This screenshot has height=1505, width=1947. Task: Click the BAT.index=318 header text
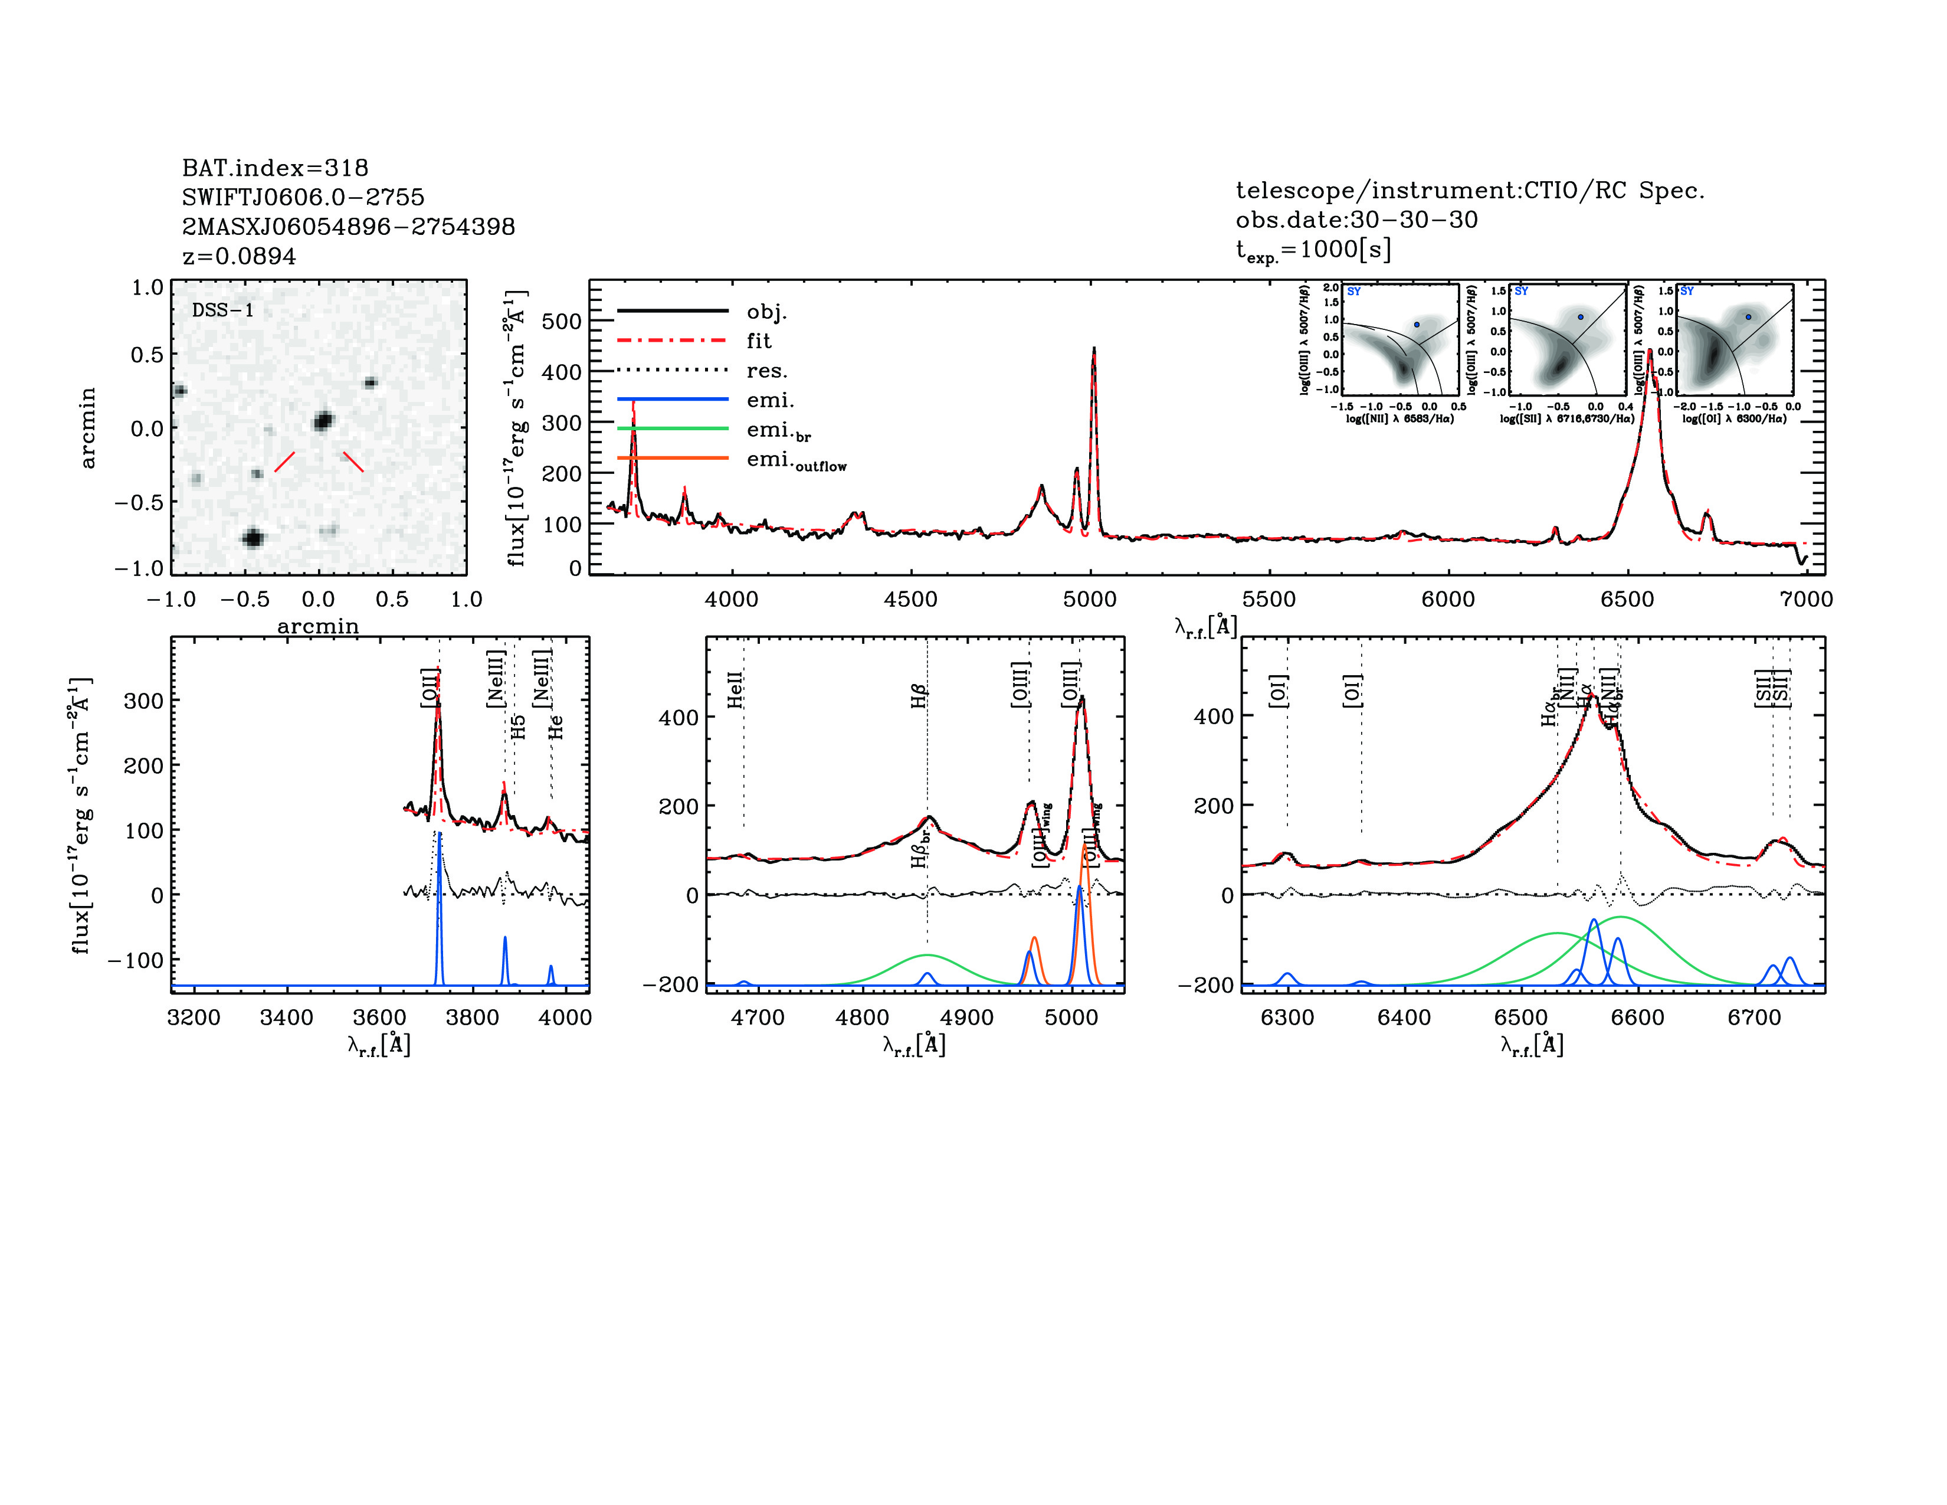point(274,168)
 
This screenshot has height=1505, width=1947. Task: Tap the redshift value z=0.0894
point(239,256)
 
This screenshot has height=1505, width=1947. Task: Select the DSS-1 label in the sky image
point(223,310)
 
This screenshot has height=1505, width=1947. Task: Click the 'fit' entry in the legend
point(759,341)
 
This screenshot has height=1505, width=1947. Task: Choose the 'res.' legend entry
point(766,371)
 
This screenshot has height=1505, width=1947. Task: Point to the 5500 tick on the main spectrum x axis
point(1268,599)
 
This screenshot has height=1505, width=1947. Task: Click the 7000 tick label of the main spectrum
point(1806,599)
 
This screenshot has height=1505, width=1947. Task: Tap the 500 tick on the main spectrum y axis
point(562,321)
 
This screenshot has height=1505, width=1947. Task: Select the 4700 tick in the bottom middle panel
point(758,1017)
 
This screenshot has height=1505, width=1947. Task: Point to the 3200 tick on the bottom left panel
point(194,1017)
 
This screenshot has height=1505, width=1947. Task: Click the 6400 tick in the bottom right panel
point(1404,1017)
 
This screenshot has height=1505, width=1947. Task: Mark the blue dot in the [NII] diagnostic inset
point(1417,325)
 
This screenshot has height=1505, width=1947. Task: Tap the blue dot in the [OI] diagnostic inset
point(1748,316)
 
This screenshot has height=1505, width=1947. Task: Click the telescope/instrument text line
point(1469,190)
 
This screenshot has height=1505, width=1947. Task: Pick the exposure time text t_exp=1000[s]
point(1312,250)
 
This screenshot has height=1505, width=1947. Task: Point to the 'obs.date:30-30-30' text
point(1356,220)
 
